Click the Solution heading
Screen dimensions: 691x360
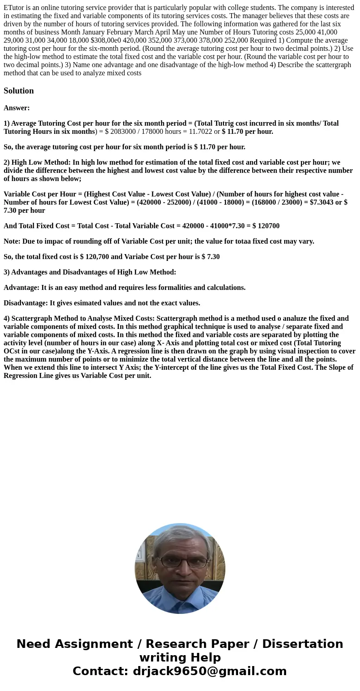click(19, 91)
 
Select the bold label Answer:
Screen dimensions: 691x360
click(17, 108)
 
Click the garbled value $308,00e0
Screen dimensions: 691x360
click(105, 40)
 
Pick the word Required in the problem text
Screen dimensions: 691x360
click(263, 40)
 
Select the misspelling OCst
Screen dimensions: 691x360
click(12, 351)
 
